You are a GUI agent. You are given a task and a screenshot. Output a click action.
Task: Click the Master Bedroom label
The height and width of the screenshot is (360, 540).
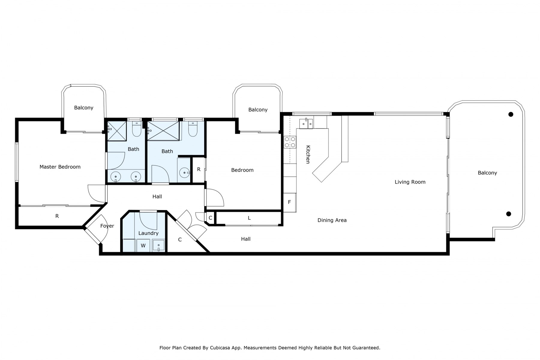click(60, 167)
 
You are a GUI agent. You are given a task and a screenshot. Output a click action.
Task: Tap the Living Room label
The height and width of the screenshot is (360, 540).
click(410, 182)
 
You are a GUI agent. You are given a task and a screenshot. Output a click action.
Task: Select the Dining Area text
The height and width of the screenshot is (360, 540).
click(332, 220)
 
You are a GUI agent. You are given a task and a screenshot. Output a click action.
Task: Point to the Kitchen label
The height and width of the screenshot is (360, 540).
click(308, 154)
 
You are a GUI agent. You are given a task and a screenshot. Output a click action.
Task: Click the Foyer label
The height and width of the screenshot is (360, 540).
click(107, 226)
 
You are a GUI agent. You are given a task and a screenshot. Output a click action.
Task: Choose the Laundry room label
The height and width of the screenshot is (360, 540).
click(148, 233)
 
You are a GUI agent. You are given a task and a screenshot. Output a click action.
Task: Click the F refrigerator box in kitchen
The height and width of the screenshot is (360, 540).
click(289, 202)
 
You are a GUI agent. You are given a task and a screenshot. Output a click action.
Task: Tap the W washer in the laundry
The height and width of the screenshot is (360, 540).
click(143, 246)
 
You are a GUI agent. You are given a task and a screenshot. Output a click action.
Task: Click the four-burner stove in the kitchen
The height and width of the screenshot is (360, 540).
click(290, 142)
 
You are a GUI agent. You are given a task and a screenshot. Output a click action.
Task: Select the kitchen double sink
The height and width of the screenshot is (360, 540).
click(306, 124)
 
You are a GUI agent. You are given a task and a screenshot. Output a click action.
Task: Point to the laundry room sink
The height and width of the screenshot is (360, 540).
click(158, 245)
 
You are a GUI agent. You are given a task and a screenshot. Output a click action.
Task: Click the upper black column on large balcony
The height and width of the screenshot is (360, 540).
click(511, 114)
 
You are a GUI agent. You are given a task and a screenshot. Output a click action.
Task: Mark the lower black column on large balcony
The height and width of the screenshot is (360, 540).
click(508, 214)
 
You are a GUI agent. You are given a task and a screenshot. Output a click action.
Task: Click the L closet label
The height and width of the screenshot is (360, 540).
click(249, 218)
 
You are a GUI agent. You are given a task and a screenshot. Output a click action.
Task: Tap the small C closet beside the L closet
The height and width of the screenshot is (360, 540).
click(210, 218)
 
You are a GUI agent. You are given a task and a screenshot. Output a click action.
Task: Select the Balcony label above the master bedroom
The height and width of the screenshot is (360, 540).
click(84, 108)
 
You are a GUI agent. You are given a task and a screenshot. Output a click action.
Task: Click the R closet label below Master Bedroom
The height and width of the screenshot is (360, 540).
click(57, 216)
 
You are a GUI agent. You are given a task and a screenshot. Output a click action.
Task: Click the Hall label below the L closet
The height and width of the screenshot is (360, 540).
click(246, 239)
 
